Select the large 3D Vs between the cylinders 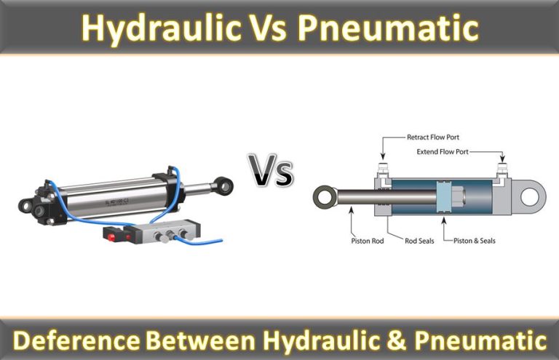(271, 171)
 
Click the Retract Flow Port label (433, 137)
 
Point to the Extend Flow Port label (443, 152)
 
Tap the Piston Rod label (367, 241)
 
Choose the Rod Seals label (419, 241)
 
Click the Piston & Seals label (474, 241)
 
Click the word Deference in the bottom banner (76, 340)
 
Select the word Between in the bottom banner (200, 340)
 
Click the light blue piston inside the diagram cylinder (444, 197)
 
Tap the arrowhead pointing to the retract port (383, 156)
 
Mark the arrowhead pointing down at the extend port (502, 158)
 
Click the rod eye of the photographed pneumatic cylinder (224, 185)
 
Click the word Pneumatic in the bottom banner (480, 340)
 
